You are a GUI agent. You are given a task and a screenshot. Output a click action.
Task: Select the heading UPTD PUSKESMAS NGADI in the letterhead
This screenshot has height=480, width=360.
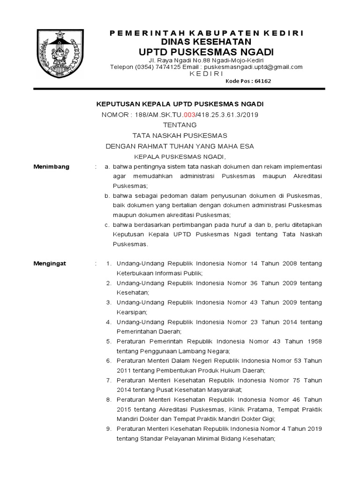[x=206, y=51]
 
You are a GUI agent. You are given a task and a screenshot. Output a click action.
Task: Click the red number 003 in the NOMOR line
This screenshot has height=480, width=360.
[x=189, y=114]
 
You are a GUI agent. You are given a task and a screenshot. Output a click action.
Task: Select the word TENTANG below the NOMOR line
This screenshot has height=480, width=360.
[x=180, y=125]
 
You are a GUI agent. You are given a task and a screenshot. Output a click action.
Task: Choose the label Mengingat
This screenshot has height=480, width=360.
[x=50, y=263]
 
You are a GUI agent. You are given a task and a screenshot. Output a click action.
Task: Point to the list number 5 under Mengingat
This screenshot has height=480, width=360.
[x=108, y=341]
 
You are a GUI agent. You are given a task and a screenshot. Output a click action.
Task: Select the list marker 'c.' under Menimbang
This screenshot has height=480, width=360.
[x=107, y=225]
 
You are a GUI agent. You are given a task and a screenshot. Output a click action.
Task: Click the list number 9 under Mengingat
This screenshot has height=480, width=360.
[x=108, y=429]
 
